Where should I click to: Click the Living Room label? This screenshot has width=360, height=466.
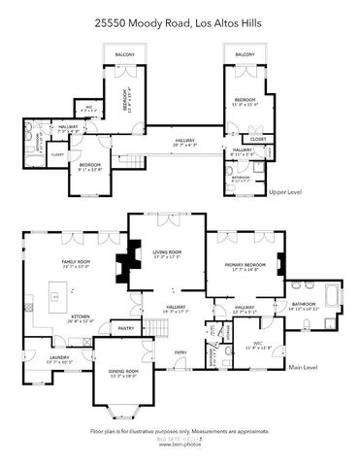click(x=167, y=254)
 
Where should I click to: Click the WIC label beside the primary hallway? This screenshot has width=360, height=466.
click(x=258, y=345)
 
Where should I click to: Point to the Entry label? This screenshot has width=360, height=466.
click(x=180, y=351)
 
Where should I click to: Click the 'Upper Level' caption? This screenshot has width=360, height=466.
click(x=285, y=192)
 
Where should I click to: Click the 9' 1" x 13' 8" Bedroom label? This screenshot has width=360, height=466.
click(x=83, y=168)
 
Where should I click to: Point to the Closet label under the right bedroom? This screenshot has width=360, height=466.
click(x=257, y=139)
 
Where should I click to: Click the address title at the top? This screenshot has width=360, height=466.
click(x=180, y=21)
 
